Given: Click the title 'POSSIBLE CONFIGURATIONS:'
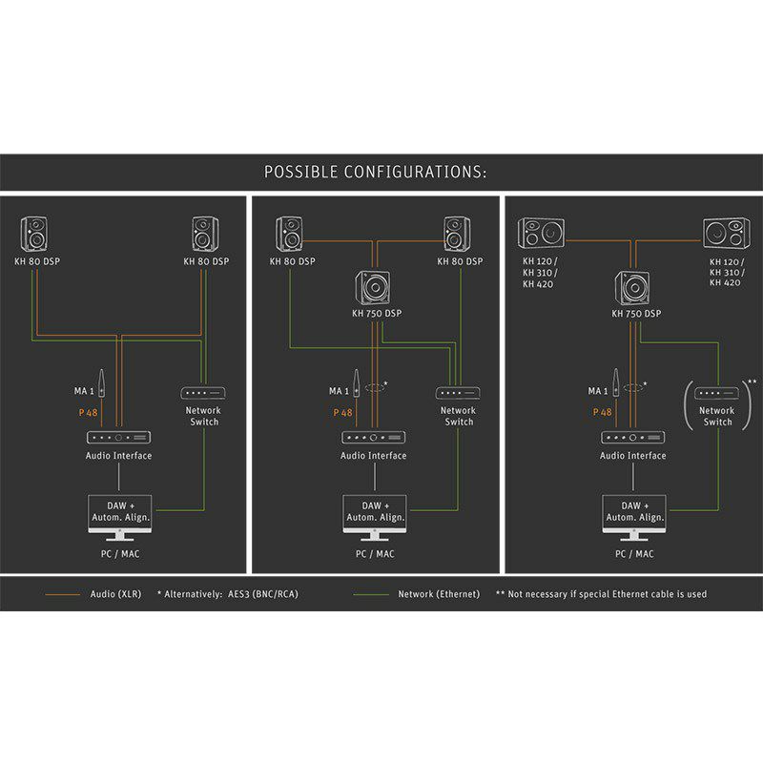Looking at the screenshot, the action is [x=375, y=172].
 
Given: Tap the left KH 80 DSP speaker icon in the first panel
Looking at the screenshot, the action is [x=34, y=234].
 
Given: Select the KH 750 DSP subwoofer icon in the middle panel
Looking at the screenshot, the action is [x=373, y=288].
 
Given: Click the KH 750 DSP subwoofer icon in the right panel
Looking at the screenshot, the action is [x=632, y=288].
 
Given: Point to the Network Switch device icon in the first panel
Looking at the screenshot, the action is [x=203, y=393].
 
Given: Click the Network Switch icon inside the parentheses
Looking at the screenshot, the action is [x=716, y=393].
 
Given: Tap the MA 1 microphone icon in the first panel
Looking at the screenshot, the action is [x=101, y=383].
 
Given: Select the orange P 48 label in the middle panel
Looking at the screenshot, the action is [x=342, y=413].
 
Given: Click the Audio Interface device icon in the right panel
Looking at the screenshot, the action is [x=632, y=438].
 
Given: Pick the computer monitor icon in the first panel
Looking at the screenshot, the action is [x=120, y=518].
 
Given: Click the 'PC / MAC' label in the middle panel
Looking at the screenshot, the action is [x=375, y=554].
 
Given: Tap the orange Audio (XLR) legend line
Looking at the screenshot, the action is [x=62, y=594].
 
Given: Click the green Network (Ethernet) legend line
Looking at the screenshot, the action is [x=371, y=594].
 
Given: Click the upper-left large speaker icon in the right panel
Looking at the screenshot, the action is [x=541, y=233].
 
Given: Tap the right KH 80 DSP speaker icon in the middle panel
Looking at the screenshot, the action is [x=457, y=234].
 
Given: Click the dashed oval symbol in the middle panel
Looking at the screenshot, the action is [x=375, y=388].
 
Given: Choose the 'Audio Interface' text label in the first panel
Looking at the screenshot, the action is [x=118, y=456].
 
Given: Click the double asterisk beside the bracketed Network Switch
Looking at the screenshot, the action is [x=752, y=382].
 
